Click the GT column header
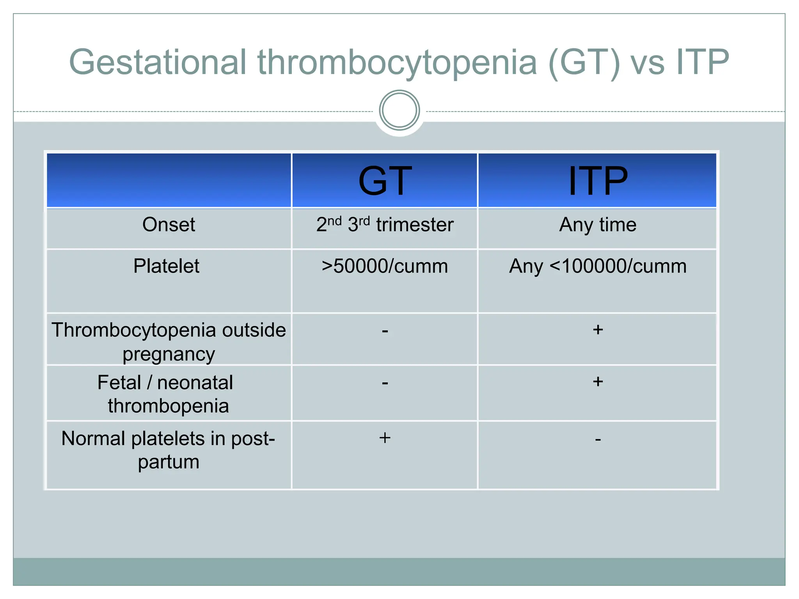385,181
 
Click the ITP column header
598,181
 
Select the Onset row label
169,225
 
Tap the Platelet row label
166,266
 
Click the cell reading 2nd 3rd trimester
385,225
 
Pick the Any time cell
598,225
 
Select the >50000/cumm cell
385,266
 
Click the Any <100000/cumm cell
598,266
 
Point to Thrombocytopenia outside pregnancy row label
169,341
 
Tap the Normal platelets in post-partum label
169,450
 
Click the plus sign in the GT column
385,438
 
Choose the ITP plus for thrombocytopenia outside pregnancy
598,330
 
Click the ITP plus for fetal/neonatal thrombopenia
598,381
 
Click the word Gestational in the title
158,62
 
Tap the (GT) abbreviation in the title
584,62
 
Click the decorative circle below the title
399,110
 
